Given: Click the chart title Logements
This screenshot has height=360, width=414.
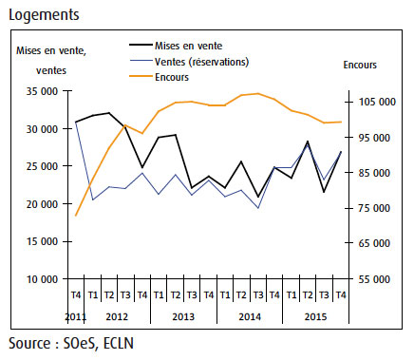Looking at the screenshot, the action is tap(44, 15).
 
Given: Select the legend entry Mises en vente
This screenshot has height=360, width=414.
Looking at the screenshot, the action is tap(176, 46).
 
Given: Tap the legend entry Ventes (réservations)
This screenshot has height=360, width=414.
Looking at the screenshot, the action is tap(189, 62).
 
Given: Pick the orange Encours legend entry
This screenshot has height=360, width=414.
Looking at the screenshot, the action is tap(159, 77).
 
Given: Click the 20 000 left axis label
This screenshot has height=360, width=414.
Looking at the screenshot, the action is tap(42, 204).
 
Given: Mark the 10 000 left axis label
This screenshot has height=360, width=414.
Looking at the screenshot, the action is tap(42, 279).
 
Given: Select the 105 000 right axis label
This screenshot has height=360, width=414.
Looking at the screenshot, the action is tap(377, 102).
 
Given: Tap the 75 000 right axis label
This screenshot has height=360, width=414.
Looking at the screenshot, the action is tap(374, 208).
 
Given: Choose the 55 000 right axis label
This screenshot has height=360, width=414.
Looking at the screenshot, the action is tap(374, 279).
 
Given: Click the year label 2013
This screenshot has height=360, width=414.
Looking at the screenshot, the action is tap(183, 316).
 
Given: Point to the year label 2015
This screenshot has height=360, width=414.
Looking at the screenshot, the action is tap(315, 316).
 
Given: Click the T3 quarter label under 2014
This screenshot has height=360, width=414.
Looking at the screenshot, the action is tap(258, 295).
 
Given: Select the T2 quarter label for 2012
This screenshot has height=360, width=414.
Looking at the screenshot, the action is tap(109, 295).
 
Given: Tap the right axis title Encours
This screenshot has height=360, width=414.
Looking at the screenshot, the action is tap(360, 65).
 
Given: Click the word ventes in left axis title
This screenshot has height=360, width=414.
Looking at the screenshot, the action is tap(51, 70).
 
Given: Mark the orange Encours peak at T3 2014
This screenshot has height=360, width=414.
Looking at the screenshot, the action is tap(258, 93).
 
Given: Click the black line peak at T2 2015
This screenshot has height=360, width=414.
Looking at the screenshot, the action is tap(307, 142).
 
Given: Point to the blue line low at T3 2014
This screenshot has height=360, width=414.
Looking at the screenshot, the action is tap(258, 208).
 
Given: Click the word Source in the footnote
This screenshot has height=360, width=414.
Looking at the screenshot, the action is tap(29, 344).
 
